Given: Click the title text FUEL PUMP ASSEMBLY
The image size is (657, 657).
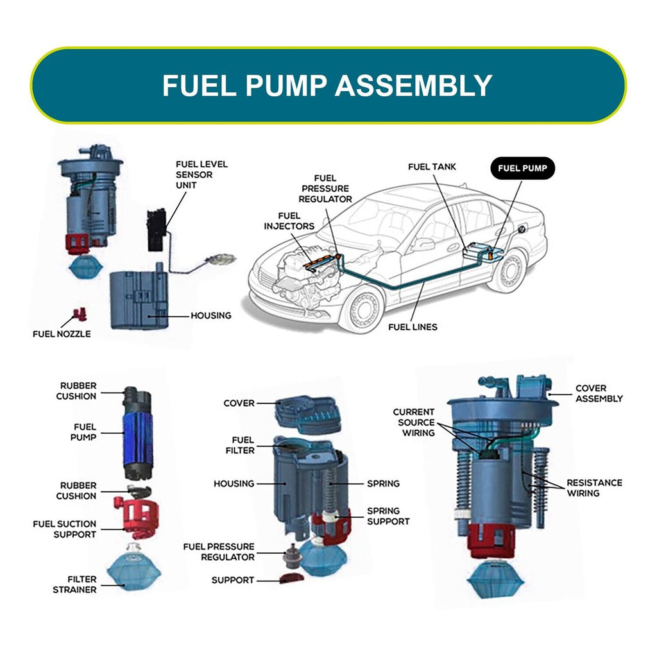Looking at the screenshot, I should click(x=327, y=85).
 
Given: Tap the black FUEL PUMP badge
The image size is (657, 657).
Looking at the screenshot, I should click(x=522, y=169).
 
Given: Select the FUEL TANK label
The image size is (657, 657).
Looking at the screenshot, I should click(x=432, y=167).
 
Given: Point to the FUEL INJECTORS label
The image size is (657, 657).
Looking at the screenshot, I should click(x=289, y=221).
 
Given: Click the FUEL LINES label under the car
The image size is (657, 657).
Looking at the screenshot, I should click(x=413, y=327).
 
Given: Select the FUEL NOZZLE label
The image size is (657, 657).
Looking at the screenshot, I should click(x=62, y=334).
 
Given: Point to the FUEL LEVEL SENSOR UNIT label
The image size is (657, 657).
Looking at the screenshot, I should click(x=201, y=175).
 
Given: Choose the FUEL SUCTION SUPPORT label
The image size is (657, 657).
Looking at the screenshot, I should click(x=64, y=529).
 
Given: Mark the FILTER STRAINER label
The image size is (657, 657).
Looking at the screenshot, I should click(x=74, y=584).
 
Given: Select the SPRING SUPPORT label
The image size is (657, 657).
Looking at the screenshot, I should click(x=388, y=516).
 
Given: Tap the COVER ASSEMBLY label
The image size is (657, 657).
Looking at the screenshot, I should click(x=598, y=393).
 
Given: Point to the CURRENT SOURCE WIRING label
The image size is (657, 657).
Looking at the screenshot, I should click(x=413, y=422).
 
